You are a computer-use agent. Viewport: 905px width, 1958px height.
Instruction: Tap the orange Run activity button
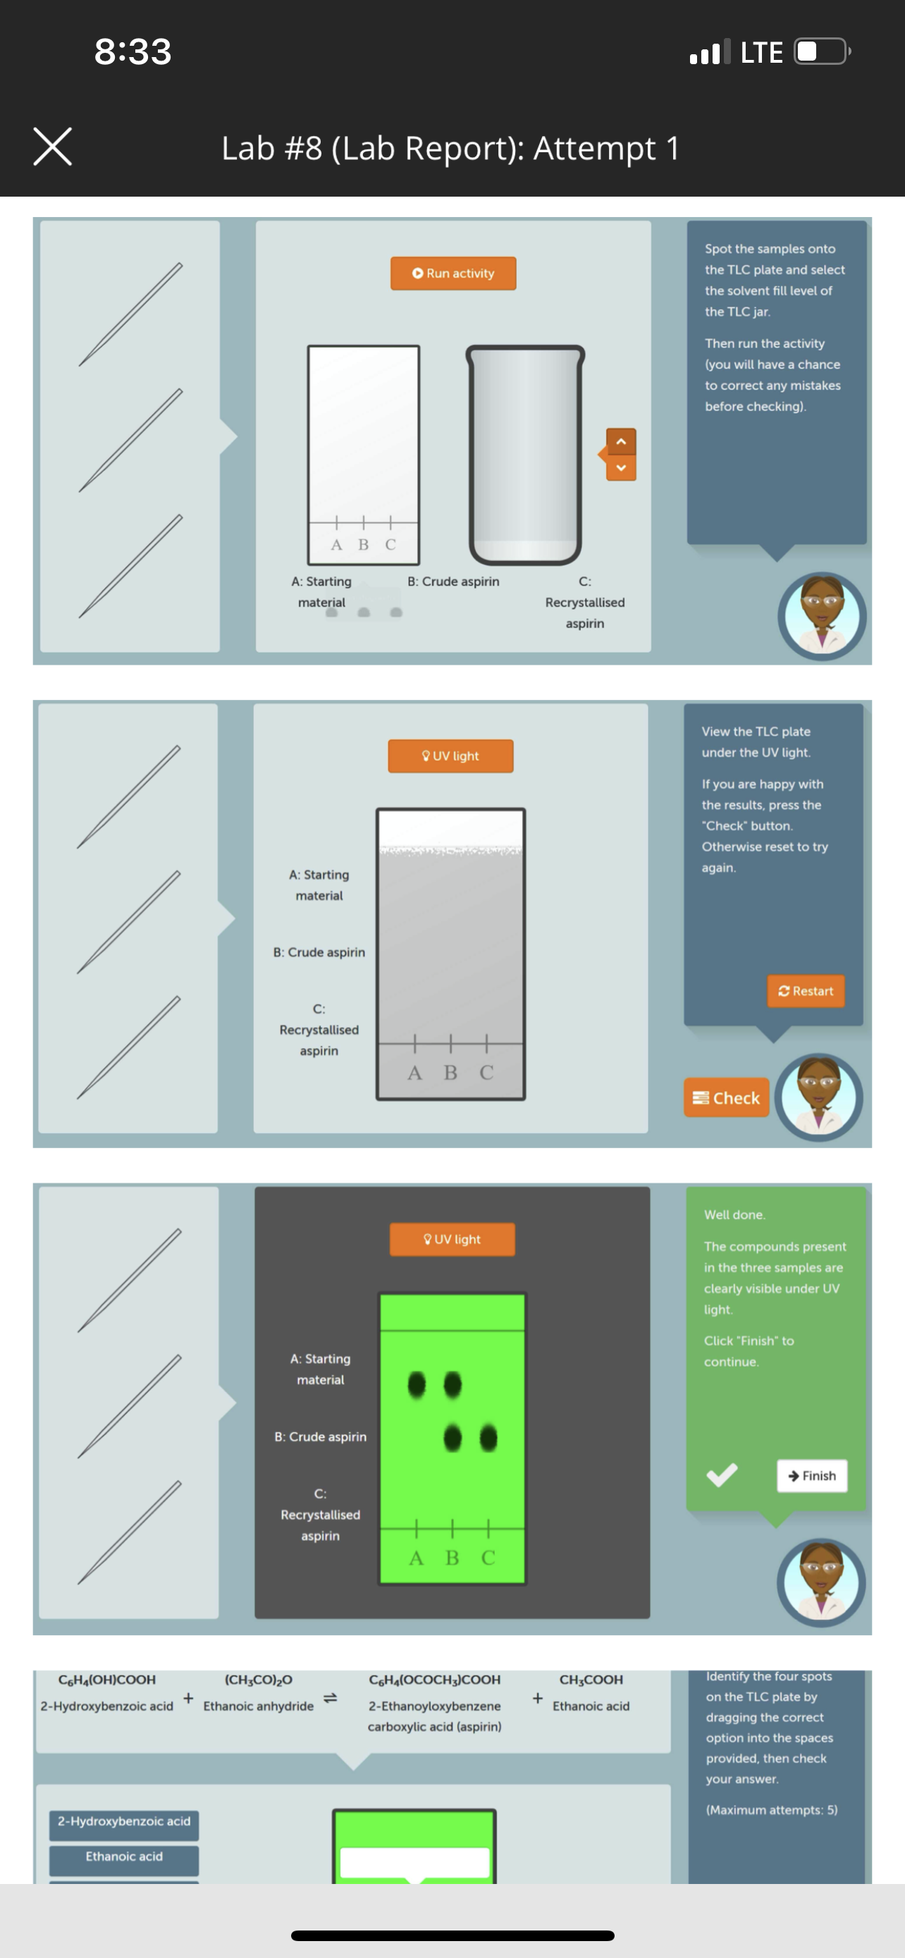453,273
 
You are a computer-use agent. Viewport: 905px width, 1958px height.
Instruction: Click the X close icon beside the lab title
52,147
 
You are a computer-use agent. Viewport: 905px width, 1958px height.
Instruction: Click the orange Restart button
806,991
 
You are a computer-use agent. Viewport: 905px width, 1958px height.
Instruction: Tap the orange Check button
727,1097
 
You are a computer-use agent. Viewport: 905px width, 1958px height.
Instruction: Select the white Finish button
811,1475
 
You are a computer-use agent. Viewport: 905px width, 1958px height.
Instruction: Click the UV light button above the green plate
452,1239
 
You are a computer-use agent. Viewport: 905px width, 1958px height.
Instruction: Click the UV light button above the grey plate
450,756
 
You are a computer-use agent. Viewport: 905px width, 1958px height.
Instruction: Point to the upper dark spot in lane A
417,1384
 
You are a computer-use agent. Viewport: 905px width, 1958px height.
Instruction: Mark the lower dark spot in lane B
452,1437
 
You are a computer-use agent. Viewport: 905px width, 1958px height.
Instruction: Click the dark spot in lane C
488,1437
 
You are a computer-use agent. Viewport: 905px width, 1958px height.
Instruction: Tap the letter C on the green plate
488,1558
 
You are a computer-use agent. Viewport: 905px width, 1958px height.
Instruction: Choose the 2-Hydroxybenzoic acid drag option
124,1821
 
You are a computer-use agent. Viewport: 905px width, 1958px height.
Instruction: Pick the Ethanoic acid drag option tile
124,1856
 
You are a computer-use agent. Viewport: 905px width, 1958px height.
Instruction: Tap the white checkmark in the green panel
722,1474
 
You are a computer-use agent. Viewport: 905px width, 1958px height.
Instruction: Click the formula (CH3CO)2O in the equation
259,1680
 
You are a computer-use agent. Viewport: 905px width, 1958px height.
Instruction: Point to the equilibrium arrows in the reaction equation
331,1698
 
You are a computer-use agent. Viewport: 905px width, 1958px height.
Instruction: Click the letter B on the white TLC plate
363,544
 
